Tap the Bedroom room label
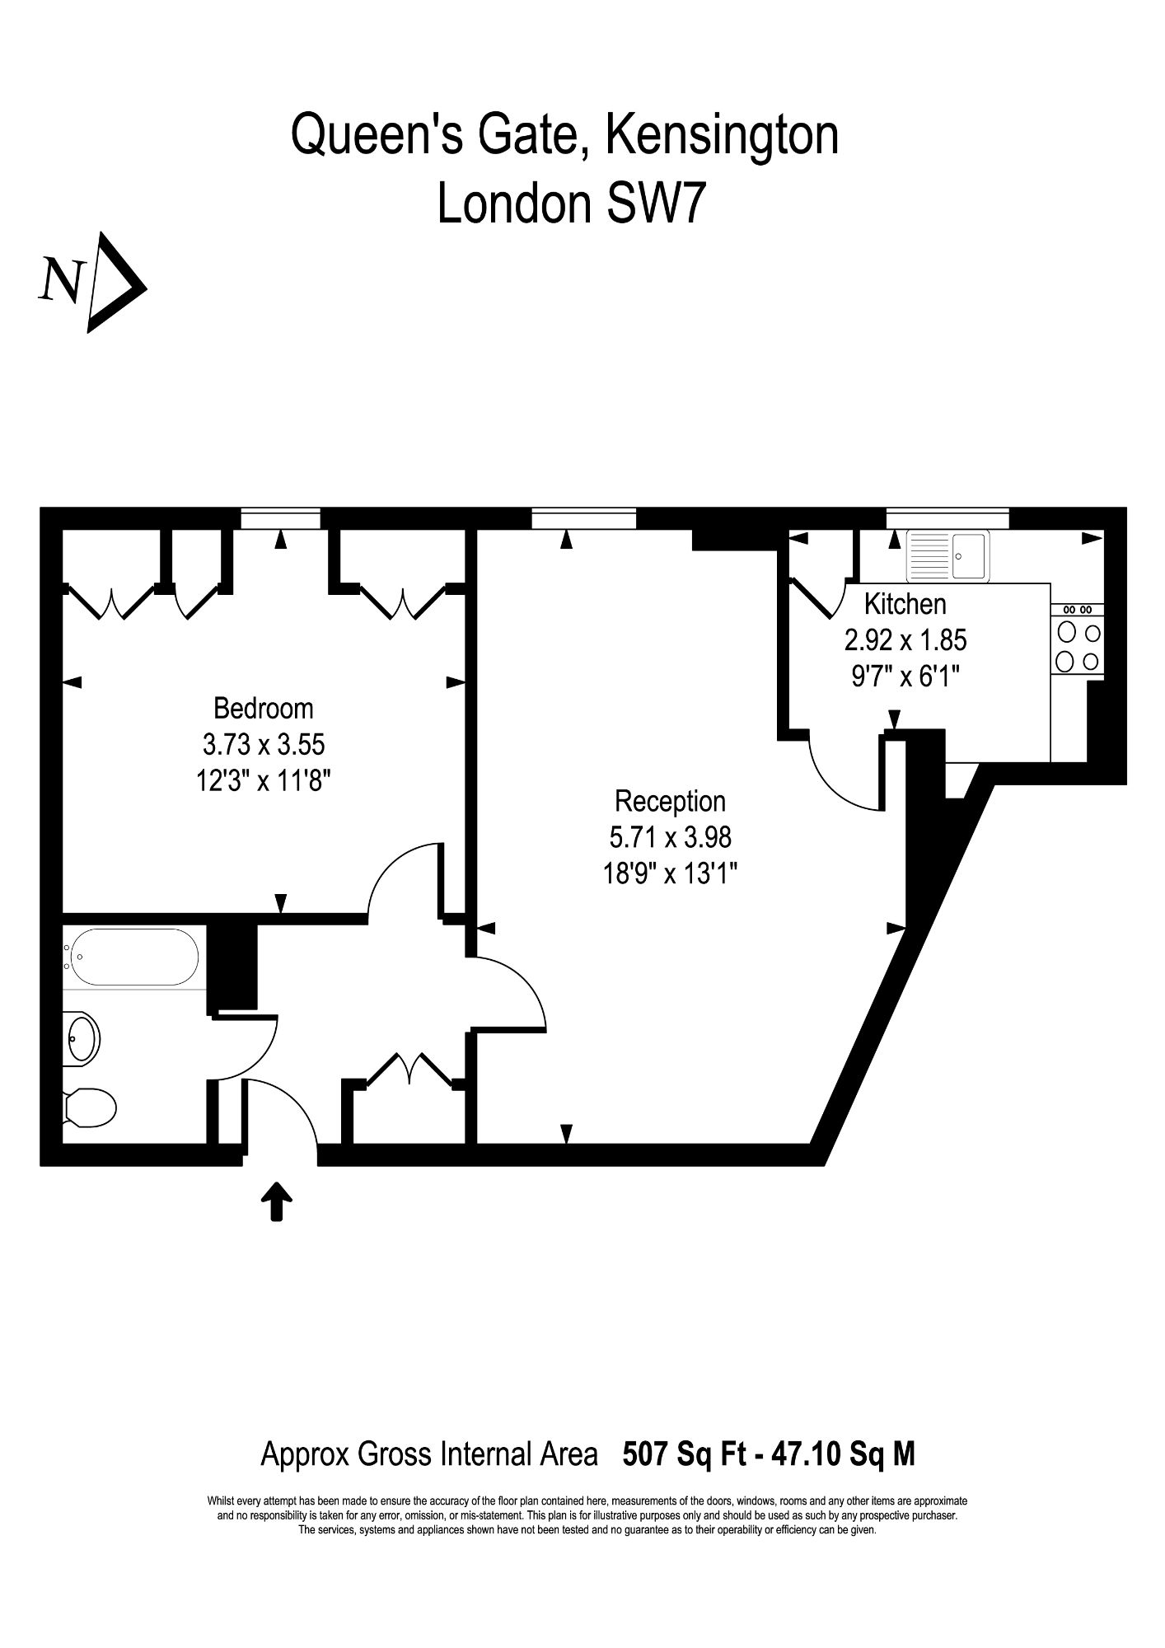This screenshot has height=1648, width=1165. (263, 709)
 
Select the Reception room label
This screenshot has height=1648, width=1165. (670, 801)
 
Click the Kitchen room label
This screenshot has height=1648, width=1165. (905, 605)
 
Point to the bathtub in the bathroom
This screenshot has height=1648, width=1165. (133, 957)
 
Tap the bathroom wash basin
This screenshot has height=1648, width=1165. (82, 1040)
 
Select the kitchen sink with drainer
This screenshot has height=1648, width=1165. (947, 555)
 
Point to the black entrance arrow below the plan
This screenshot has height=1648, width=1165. (277, 1201)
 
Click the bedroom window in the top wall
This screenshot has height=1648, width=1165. (281, 518)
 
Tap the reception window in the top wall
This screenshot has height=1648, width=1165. (584, 518)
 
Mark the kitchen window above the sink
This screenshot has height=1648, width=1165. (947, 518)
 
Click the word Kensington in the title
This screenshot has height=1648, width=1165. (723, 136)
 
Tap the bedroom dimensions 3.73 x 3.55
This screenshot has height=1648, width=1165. (264, 745)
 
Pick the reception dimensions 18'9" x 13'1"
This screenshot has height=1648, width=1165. (670, 873)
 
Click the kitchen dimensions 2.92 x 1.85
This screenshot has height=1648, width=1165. (905, 640)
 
